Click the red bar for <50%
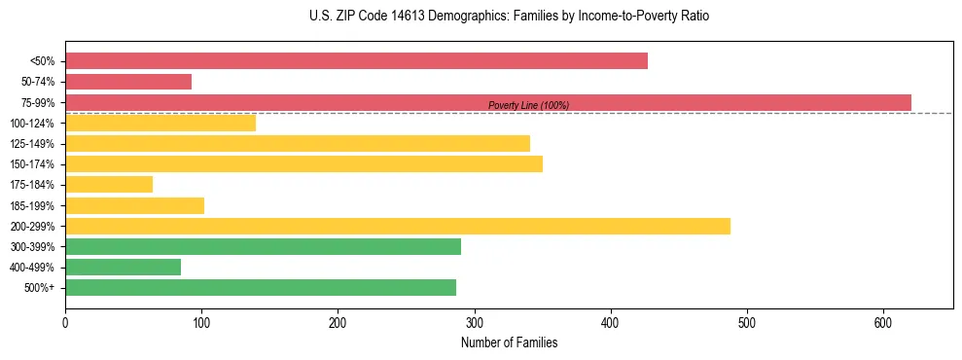click(356, 61)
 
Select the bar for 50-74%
click(128, 82)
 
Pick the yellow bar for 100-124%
click(160, 123)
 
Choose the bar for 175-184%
click(109, 184)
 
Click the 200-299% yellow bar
click(398, 226)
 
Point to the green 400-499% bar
click(123, 267)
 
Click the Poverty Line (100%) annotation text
click(528, 106)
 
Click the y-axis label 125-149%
click(32, 144)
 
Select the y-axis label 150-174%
click(32, 164)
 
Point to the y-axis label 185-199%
click(32, 205)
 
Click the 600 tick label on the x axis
click(883, 322)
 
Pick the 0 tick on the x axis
click(65, 322)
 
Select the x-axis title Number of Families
click(509, 342)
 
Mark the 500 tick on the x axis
click(747, 322)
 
